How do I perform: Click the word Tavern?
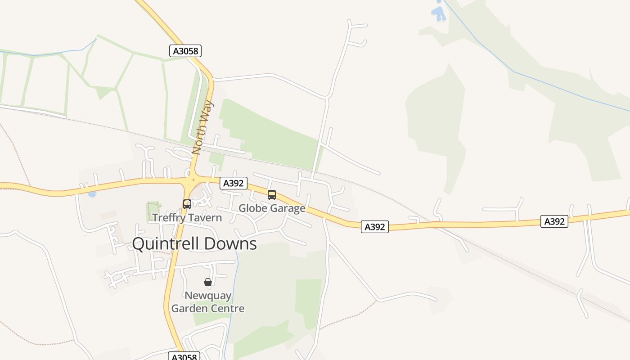[x=205, y=218]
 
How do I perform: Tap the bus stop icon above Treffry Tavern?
[x=187, y=204]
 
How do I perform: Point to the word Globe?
[x=252, y=208]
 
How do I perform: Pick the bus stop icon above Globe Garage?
[x=272, y=195]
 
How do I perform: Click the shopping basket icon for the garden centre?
[x=207, y=282]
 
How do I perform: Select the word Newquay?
[x=208, y=296]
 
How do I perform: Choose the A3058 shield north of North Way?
[x=185, y=51]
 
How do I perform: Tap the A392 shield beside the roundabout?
[x=234, y=183]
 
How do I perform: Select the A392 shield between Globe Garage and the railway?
[x=374, y=227]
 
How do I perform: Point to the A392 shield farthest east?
[x=554, y=221]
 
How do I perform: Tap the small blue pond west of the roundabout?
[x=92, y=194]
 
